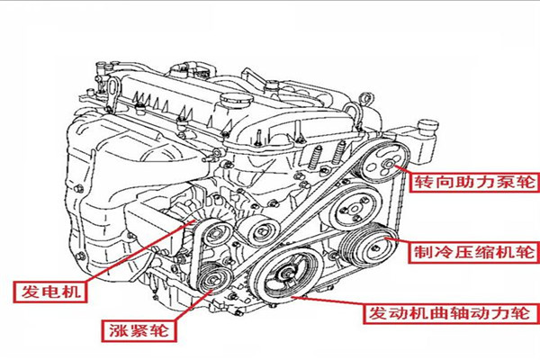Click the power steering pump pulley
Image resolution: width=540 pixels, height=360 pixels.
(385, 168)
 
